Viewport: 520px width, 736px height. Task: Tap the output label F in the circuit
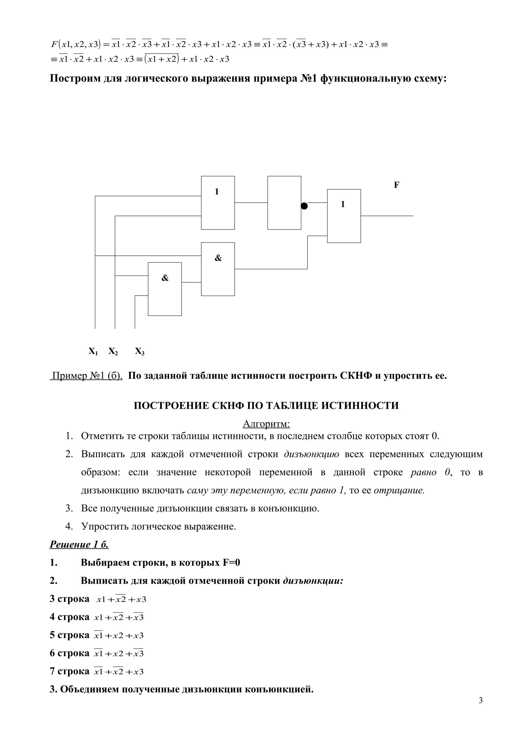396,185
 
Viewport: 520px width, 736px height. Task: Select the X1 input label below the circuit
93,351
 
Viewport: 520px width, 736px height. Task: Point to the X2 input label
113,351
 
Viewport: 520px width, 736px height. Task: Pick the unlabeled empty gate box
284,203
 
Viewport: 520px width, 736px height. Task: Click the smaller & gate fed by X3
165,289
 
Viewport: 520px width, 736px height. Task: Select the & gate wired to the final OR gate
218,269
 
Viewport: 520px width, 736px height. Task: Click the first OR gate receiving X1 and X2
218,203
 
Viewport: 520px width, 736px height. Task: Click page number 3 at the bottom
481,709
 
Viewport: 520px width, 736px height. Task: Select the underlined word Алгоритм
266,424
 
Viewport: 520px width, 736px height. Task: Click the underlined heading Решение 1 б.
79,545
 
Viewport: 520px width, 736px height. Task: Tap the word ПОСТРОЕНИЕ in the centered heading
171,406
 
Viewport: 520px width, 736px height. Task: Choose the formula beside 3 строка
121,599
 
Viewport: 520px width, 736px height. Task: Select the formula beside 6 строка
119,653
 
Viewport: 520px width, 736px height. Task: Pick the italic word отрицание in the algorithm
399,490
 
